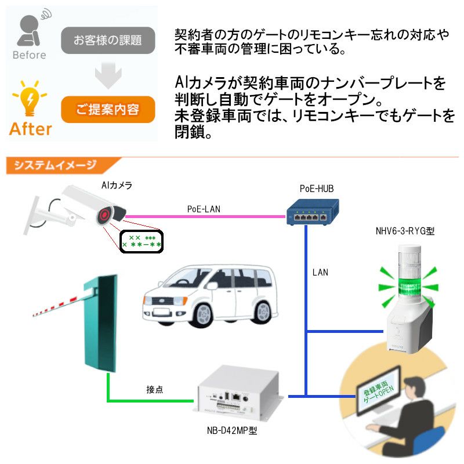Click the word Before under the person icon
(29, 55)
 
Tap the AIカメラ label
(116, 186)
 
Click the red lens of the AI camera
(106, 215)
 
